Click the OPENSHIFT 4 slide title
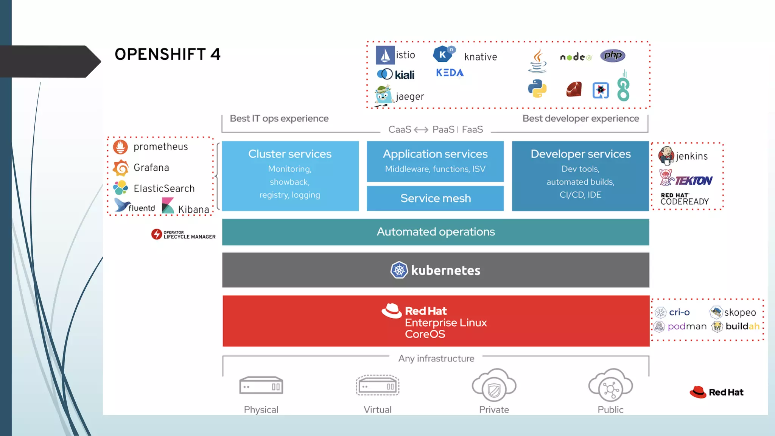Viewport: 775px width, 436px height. (x=167, y=54)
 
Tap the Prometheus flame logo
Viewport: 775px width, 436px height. (x=120, y=147)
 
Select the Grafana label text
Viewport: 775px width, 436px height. (x=151, y=167)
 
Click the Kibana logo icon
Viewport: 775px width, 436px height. (x=168, y=206)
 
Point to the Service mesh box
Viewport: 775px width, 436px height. (x=435, y=198)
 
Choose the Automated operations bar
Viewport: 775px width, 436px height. (x=435, y=232)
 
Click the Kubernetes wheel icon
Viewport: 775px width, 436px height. (x=399, y=270)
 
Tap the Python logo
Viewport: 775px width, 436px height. (x=537, y=89)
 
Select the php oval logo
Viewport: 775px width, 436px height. (x=612, y=56)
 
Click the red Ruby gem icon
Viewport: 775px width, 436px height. (x=574, y=89)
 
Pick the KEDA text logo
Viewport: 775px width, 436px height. (x=450, y=73)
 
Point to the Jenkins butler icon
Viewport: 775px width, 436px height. (x=666, y=155)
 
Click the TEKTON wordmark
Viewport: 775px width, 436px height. (x=694, y=181)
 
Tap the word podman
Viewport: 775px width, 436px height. (x=687, y=326)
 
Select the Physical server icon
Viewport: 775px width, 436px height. (x=261, y=386)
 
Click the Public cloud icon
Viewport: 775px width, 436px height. (x=610, y=386)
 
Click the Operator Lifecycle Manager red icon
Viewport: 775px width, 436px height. (x=156, y=234)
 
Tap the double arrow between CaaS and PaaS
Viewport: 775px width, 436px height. (x=421, y=130)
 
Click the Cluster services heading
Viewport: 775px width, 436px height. (x=289, y=154)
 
